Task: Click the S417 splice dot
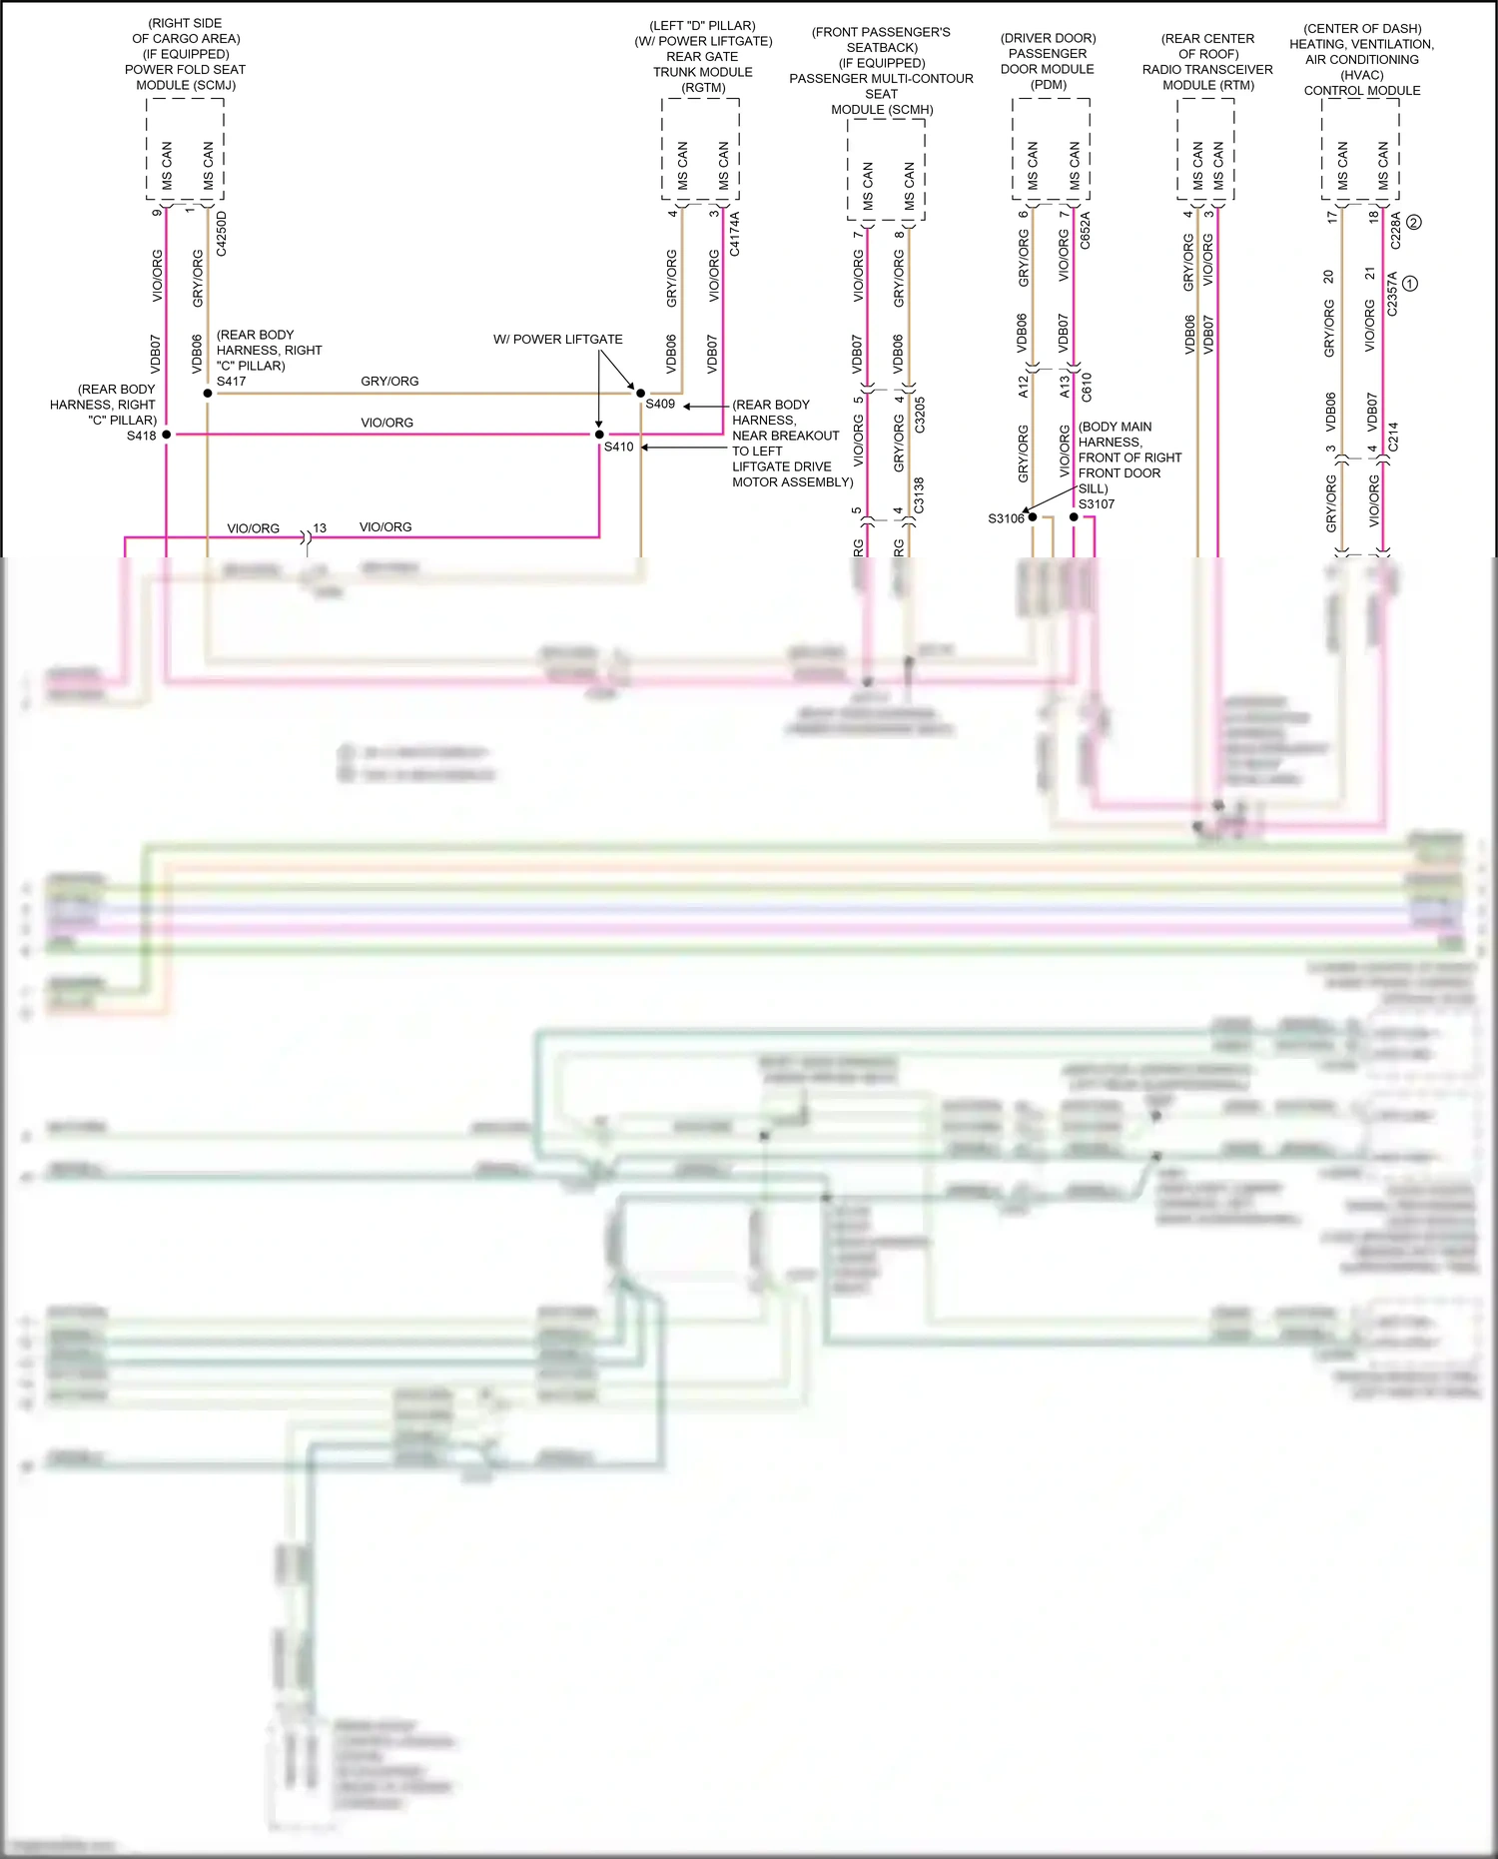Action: coord(208,394)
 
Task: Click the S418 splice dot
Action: coord(167,435)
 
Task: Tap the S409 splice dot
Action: coord(640,394)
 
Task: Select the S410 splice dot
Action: coord(599,435)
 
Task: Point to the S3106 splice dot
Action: coord(1033,517)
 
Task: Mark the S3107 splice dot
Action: coord(1074,517)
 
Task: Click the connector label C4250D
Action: coord(222,234)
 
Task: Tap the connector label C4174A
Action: coord(735,234)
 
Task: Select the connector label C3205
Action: coord(920,415)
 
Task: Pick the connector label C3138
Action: coord(919,496)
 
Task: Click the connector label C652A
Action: coord(1086,230)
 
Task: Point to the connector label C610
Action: coord(1087,387)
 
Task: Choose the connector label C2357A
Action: coord(1392,294)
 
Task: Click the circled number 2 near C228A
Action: coord(1413,223)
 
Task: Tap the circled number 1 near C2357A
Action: coord(1410,284)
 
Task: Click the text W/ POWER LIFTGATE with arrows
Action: coord(557,340)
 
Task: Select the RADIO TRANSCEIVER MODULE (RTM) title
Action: coord(1207,77)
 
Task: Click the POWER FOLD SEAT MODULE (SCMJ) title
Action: coord(186,77)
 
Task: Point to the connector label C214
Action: coord(1393,436)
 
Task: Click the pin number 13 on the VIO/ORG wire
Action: coord(320,528)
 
